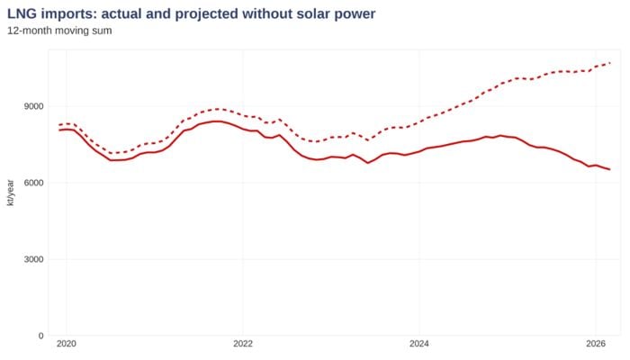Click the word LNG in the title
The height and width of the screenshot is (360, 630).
[22, 13]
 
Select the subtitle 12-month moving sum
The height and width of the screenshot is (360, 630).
[59, 31]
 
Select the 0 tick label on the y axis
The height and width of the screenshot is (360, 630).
[40, 336]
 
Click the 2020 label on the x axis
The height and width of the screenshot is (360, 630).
[67, 345]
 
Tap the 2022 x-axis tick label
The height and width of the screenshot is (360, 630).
[243, 345]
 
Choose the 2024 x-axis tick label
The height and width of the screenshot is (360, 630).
[418, 345]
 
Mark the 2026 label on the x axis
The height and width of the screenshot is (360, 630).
[595, 345]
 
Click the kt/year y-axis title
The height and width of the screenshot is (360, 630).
[11, 192]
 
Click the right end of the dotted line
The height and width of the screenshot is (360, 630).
[610, 63]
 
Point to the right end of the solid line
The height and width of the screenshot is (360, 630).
[610, 169]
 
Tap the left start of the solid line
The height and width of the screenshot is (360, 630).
[59, 130]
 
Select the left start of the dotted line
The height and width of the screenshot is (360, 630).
[59, 124]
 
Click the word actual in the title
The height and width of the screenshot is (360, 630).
[109, 13]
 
